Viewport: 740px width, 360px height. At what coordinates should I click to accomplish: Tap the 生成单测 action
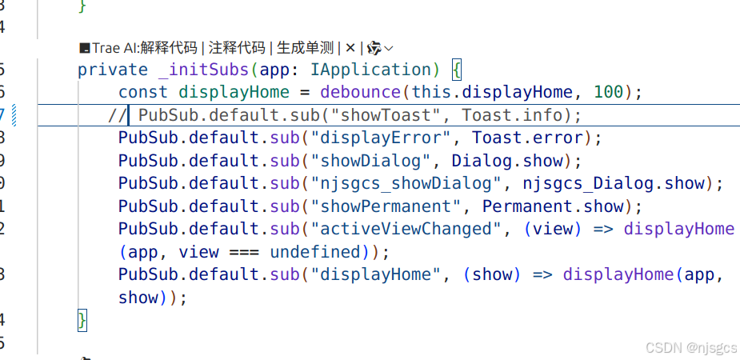click(x=305, y=47)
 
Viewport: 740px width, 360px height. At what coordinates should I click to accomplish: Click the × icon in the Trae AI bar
click(x=350, y=47)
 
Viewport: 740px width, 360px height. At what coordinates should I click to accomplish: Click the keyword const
click(x=143, y=92)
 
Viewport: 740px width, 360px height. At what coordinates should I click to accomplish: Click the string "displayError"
click(x=381, y=138)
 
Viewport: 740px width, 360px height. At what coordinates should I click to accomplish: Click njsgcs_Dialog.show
click(x=614, y=183)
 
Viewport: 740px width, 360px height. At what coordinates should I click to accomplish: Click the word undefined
click(x=315, y=252)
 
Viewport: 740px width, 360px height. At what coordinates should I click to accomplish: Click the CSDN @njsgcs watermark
click(x=690, y=347)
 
